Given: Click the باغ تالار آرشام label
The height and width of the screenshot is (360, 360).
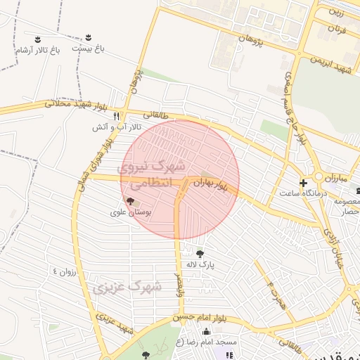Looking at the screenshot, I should click(x=37, y=51).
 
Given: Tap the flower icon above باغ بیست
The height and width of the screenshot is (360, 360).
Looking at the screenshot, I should click(x=89, y=37).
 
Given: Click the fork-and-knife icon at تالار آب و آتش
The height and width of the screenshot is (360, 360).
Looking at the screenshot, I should click(x=117, y=115).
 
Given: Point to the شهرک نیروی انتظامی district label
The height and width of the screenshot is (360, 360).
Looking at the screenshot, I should click(x=150, y=175).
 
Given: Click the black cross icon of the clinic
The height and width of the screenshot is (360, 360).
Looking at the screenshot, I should click(x=303, y=183).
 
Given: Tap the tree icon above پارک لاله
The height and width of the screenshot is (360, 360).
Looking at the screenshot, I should click(x=200, y=254).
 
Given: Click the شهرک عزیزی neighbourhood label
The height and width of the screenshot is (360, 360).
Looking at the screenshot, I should click(x=127, y=288).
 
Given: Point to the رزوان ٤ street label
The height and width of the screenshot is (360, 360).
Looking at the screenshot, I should click(x=67, y=271).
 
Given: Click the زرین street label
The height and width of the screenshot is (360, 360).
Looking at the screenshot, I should click(x=338, y=12).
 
